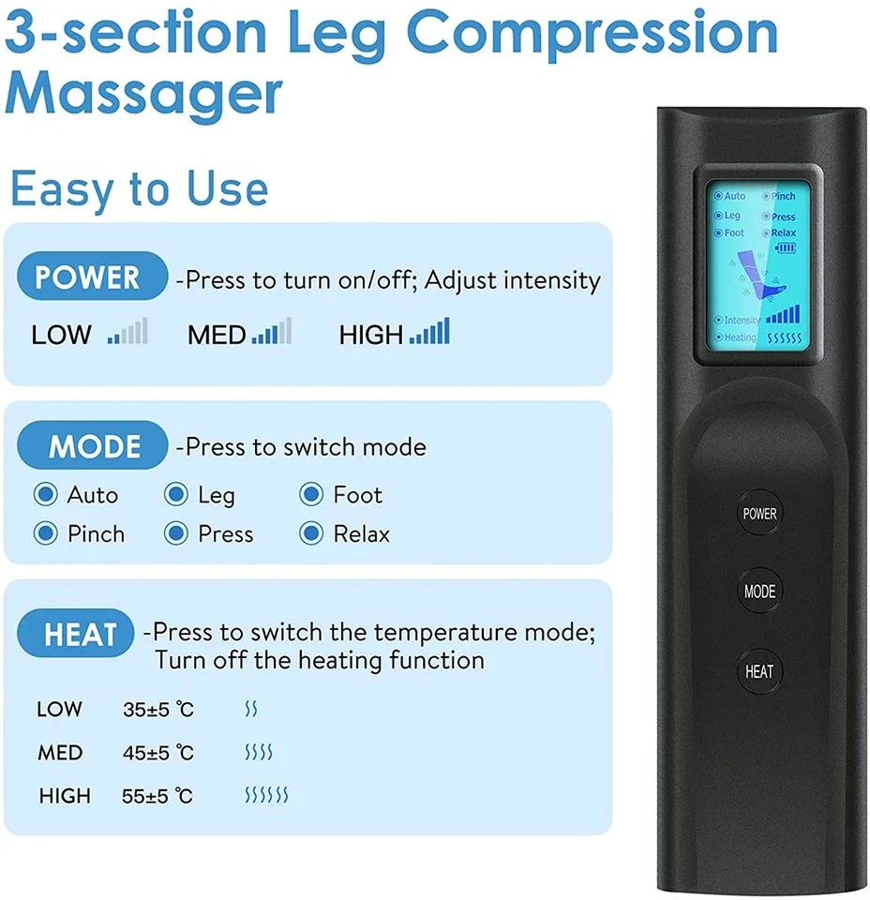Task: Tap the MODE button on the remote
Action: [x=759, y=592]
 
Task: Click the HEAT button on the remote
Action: [x=759, y=671]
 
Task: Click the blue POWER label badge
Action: [x=87, y=277]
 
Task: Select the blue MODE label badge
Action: [x=94, y=446]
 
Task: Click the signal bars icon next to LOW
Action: [x=127, y=332]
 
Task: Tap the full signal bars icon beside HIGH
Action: [x=429, y=331]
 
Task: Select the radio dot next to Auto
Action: [x=45, y=494]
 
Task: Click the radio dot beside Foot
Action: [x=311, y=494]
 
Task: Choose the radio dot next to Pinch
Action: [x=45, y=533]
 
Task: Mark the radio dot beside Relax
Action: [x=311, y=533]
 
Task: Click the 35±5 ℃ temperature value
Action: [x=157, y=710]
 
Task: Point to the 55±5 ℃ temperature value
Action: [x=157, y=796]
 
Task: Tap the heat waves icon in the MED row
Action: [x=258, y=753]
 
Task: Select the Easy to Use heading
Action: [x=139, y=189]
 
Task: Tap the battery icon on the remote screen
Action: [x=784, y=247]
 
